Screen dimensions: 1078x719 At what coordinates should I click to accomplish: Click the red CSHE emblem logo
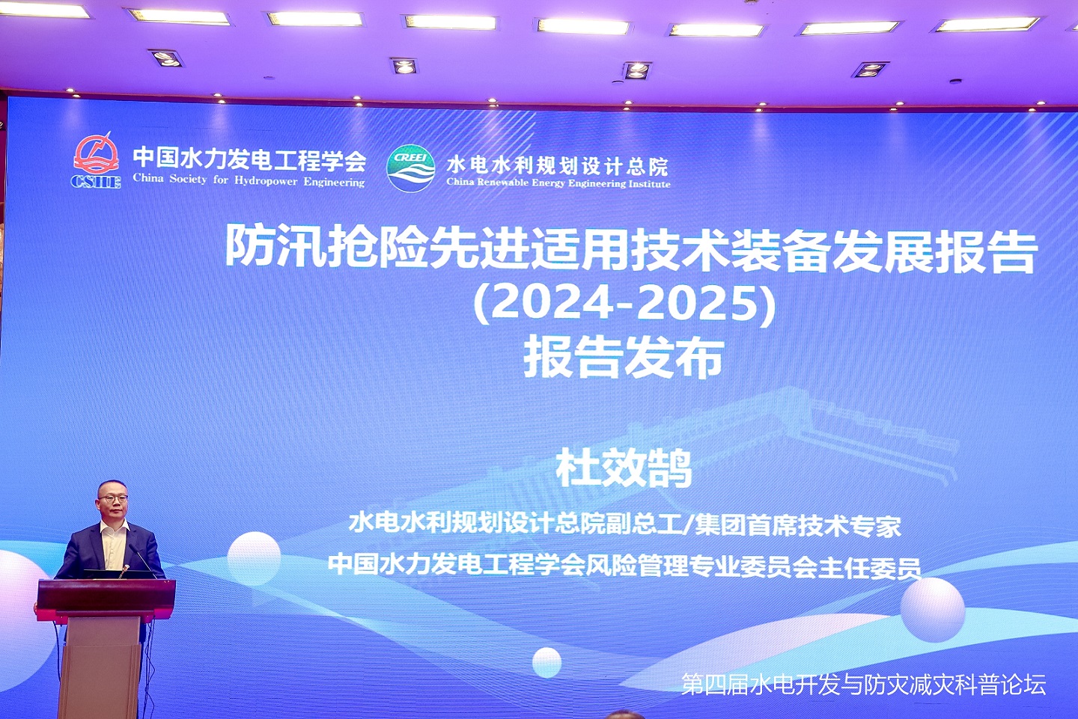pyautogui.click(x=97, y=161)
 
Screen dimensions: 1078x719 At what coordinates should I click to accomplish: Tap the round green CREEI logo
pyautogui.click(x=410, y=168)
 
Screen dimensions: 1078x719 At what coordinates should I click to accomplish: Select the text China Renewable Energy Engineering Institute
pyautogui.click(x=558, y=183)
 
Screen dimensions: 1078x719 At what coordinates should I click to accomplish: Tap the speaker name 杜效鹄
pyautogui.click(x=624, y=468)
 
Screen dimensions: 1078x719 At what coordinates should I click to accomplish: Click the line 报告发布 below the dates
pyautogui.click(x=623, y=358)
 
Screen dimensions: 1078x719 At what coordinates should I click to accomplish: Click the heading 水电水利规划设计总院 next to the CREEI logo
pyautogui.click(x=557, y=166)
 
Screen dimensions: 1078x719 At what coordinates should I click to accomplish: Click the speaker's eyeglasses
pyautogui.click(x=114, y=498)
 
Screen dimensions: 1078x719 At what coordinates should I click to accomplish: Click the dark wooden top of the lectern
pyautogui.click(x=106, y=595)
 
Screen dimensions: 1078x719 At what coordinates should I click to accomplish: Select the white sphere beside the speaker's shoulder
pyautogui.click(x=254, y=558)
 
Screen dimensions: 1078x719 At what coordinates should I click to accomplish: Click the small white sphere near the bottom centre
pyautogui.click(x=546, y=662)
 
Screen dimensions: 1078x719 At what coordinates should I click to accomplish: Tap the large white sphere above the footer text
pyautogui.click(x=933, y=610)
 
